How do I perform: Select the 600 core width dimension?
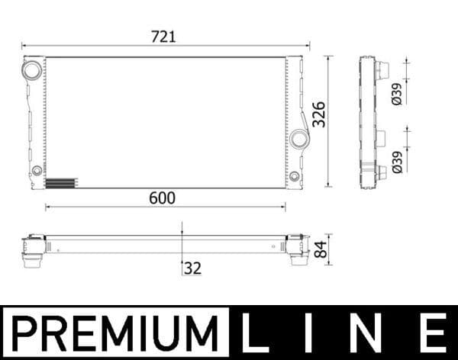[162, 198]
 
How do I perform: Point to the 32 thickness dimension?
[192, 268]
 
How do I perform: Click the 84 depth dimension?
[321, 249]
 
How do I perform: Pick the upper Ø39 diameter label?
[397, 93]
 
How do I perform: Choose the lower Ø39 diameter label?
[397, 162]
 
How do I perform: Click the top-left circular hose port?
[33, 70]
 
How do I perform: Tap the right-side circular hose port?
[299, 138]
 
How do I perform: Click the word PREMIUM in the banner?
[114, 333]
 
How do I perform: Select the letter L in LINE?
[256, 333]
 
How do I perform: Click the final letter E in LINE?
[431, 333]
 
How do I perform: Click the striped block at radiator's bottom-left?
[62, 183]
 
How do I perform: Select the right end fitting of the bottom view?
[293, 249]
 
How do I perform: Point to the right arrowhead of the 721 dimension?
[307, 44]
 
